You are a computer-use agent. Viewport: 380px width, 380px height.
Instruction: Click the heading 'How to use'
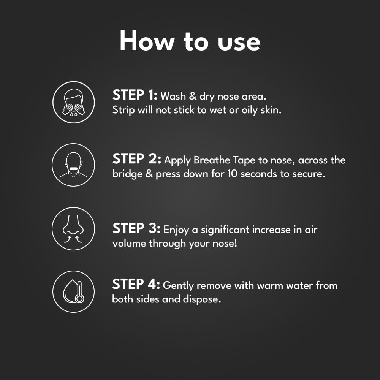coord(190,41)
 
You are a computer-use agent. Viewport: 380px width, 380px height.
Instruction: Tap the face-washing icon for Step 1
coord(74,102)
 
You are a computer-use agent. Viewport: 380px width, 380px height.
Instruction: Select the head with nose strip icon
coord(73,165)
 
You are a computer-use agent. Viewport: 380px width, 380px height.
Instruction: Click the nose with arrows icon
coord(73,228)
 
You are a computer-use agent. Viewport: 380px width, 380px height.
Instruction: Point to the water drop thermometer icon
coord(74,291)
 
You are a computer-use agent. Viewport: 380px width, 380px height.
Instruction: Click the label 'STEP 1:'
coord(135,95)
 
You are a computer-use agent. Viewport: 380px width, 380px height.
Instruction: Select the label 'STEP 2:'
coord(137,159)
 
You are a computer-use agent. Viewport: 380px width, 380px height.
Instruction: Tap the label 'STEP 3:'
coord(136,228)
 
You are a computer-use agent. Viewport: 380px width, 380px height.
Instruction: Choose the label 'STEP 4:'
coord(136,284)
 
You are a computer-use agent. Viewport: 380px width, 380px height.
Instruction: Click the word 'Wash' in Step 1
coord(173,96)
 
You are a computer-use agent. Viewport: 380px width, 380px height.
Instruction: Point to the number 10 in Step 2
coord(232,174)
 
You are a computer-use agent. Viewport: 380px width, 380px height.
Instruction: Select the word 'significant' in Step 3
coord(225,230)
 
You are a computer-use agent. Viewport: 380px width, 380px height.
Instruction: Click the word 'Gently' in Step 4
coord(178,286)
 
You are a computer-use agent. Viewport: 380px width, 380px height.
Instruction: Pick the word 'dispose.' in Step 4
coord(202,299)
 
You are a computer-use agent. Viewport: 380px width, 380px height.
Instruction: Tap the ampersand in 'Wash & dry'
coord(193,96)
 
